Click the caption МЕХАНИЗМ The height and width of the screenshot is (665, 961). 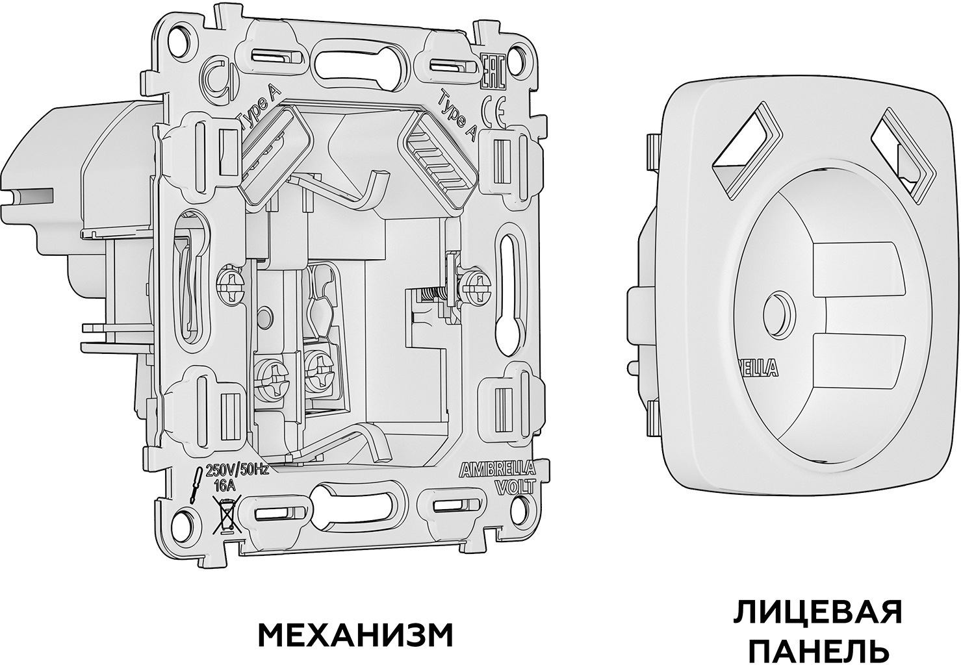355,636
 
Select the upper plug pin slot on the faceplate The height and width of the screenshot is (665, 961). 856,268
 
